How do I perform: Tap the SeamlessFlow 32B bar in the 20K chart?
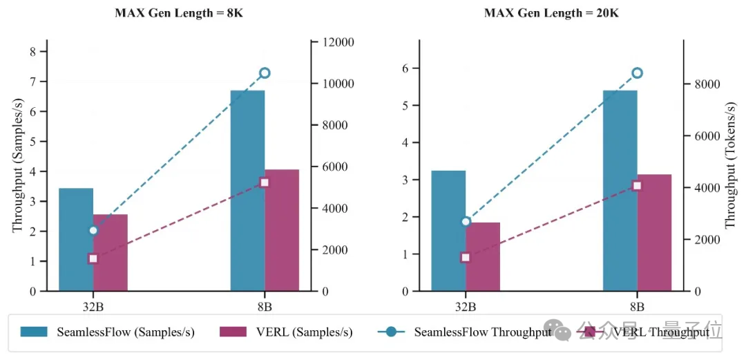(x=448, y=231)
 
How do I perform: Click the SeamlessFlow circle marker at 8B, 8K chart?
(x=265, y=73)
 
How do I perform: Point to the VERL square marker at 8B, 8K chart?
(x=265, y=182)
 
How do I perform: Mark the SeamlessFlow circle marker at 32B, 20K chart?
(x=466, y=221)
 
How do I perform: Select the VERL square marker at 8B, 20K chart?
(x=637, y=185)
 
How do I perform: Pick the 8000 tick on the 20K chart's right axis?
(x=706, y=84)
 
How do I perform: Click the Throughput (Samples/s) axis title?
(x=17, y=171)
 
